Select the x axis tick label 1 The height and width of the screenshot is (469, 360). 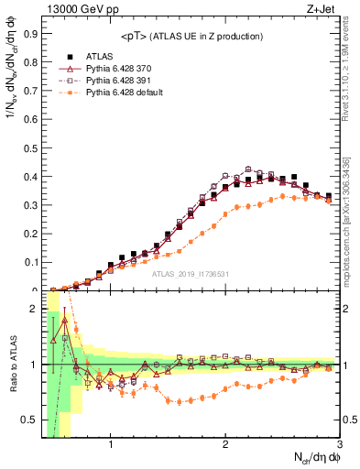click(x=111, y=446)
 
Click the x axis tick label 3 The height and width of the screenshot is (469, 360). click(x=339, y=446)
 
